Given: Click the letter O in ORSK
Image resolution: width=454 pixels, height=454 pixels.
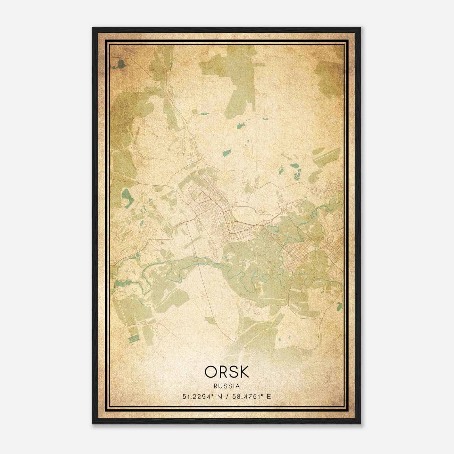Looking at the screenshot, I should click(211, 372).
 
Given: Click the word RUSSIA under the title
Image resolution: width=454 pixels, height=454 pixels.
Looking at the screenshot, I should click(227, 386).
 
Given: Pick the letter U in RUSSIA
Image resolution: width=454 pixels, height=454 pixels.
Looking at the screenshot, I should click(221, 386).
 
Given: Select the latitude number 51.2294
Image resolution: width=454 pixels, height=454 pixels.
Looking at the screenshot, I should click(196, 397).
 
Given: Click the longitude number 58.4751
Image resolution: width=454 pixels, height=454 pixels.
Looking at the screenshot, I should click(245, 397).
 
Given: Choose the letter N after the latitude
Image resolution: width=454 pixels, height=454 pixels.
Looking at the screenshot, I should click(219, 397).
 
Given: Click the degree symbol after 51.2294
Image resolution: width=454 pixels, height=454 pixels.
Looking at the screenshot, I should click(211, 395).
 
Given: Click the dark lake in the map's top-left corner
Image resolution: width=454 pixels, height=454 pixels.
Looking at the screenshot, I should click(121, 64).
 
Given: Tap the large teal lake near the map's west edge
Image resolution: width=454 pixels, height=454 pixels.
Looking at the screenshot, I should click(126, 196).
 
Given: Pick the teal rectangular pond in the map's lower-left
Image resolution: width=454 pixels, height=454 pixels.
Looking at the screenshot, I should click(134, 339).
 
